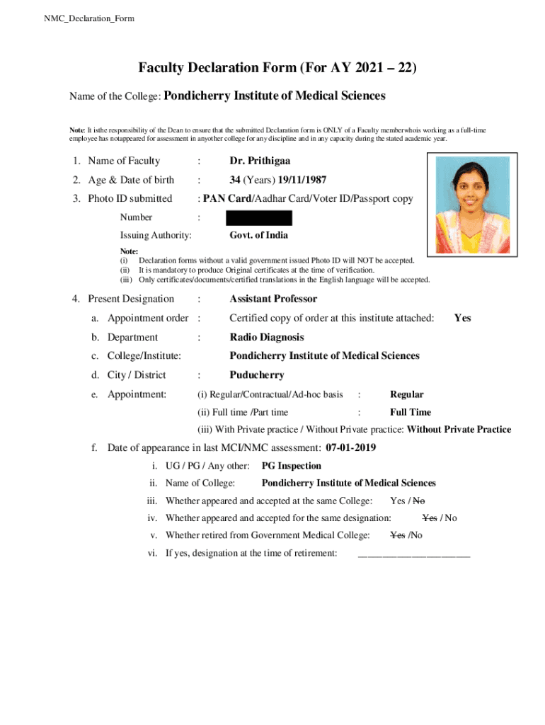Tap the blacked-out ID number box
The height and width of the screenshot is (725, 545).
[259, 217]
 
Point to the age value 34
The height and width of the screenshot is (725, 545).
[236, 180]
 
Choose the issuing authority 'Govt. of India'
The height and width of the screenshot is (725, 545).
[258, 235]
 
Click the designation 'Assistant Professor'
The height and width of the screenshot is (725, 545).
[273, 299]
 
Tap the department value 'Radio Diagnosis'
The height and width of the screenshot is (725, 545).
[266, 337]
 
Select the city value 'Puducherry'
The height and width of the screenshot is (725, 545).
[256, 375]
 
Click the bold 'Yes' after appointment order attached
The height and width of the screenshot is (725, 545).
[462, 318]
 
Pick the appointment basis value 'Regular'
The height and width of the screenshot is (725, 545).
[407, 394]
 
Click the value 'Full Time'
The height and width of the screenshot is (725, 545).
[411, 412]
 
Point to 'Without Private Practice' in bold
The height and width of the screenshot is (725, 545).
[459, 430]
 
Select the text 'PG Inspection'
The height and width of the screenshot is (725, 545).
[291, 466]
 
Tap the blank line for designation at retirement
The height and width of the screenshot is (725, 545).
[413, 554]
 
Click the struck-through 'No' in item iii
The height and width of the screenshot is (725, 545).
[419, 501]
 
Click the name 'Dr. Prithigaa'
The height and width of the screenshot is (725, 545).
[260, 161]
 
